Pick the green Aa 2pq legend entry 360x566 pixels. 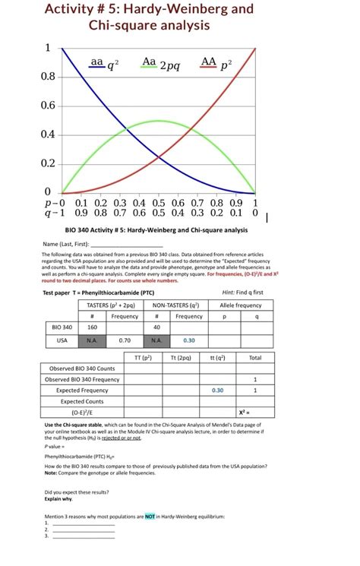159,64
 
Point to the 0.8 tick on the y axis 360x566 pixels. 47,77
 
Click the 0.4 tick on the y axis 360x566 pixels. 47,134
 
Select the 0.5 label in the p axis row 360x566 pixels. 159,203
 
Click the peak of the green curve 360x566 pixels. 158,121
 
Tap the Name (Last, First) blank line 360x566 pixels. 118,245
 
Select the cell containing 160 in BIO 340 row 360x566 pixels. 92,327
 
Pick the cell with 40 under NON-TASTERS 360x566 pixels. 156,327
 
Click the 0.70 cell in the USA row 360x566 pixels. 125,340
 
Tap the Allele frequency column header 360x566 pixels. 240,305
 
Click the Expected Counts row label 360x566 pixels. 82,402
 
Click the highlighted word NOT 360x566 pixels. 150,516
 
